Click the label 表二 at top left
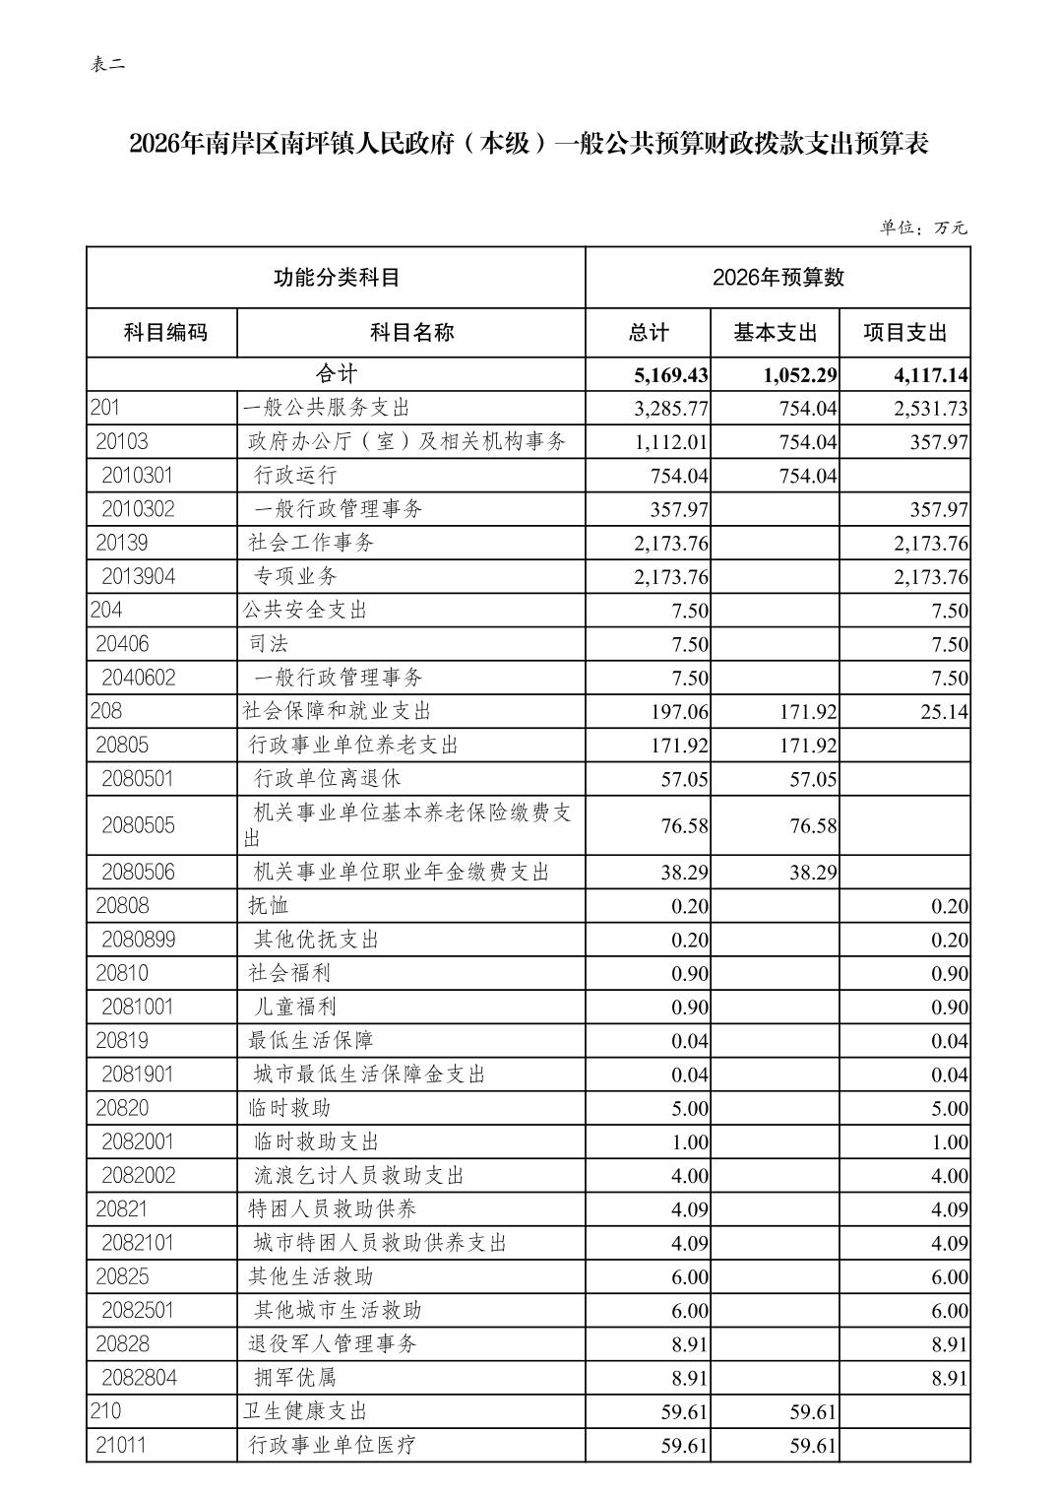(108, 65)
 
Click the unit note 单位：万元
(923, 228)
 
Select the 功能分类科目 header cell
(336, 278)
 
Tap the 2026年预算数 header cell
(777, 278)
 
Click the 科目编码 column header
(165, 333)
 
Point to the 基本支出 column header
(775, 333)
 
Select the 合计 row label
(336, 374)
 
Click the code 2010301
(137, 476)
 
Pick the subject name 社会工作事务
(311, 543)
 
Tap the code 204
(106, 611)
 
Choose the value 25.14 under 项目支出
(944, 712)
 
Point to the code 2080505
(138, 825)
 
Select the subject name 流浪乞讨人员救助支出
(359, 1176)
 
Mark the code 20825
(122, 1277)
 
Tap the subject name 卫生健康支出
(305, 1411)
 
